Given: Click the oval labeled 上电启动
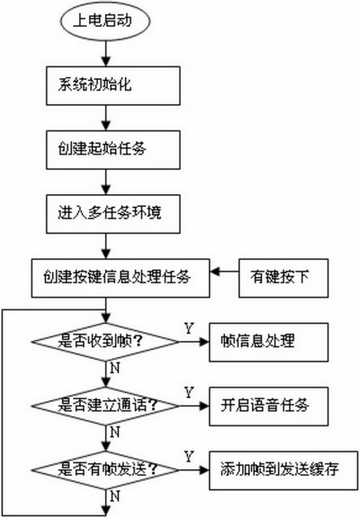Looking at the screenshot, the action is [x=105, y=21].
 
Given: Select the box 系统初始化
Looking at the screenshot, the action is [x=113, y=86].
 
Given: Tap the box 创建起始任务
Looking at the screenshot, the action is [x=113, y=150].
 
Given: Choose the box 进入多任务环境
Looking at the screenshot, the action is [x=113, y=214].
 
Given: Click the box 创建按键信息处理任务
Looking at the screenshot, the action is [x=121, y=278].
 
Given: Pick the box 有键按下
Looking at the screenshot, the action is [x=283, y=278].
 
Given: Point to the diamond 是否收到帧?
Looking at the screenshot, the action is [x=106, y=342].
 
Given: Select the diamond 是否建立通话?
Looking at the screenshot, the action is [x=106, y=406].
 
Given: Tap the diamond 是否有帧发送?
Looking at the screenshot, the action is [x=106, y=469].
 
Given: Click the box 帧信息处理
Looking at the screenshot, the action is [x=269, y=343].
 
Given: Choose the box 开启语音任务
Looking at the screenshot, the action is [x=269, y=406].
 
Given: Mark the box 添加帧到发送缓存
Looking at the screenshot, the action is [x=283, y=470].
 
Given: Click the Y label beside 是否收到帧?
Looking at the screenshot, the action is [x=189, y=329].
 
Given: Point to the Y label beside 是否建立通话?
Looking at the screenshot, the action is [x=189, y=393].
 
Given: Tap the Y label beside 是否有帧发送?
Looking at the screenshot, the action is [x=189, y=457].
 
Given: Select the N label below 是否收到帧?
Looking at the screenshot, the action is [x=114, y=368].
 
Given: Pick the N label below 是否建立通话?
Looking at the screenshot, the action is [x=114, y=432].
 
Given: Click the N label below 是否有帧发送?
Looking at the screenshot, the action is [x=114, y=496].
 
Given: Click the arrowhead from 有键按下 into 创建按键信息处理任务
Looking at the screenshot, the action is [x=215, y=272].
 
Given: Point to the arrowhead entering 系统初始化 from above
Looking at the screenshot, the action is [x=106, y=62].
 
